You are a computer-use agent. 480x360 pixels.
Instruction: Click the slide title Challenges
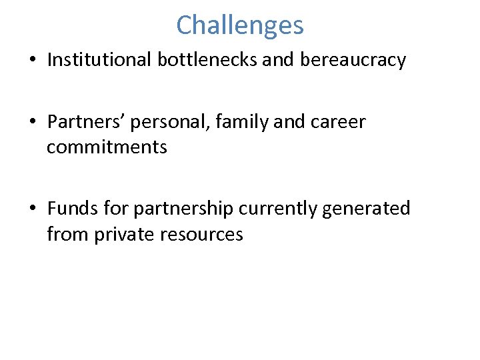pos(240,25)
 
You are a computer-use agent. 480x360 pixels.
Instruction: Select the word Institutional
pos(100,60)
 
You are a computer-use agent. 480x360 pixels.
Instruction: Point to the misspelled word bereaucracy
pos(353,61)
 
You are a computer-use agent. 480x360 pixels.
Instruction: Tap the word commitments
pos(107,146)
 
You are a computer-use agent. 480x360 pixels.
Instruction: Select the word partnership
pos(183,209)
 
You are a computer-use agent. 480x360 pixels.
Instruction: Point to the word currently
pos(278,209)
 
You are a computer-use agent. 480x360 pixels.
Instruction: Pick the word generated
pos(366,209)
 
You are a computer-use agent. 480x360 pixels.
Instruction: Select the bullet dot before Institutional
pos(31,61)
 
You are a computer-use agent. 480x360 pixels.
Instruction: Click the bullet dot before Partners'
pos(31,123)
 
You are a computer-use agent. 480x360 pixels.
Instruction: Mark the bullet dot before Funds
pos(31,209)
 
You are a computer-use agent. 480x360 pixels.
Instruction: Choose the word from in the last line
pos(63,235)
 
